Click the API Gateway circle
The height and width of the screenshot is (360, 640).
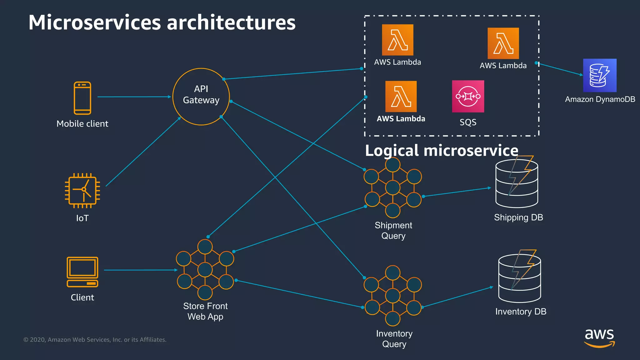pos(201,97)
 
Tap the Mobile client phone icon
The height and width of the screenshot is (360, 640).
pos(82,98)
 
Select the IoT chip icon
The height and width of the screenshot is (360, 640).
pos(82,190)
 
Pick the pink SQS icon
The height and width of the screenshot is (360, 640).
pos(468,96)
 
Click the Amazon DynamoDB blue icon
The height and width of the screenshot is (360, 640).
pos(600,75)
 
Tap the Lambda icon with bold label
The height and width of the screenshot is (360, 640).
pos(401,96)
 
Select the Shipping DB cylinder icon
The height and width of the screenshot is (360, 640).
pos(517,184)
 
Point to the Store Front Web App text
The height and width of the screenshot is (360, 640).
pos(205,311)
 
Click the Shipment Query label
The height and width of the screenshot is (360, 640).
pos(393,230)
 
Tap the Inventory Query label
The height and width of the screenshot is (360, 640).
pos(394,339)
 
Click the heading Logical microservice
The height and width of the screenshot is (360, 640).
pos(442,151)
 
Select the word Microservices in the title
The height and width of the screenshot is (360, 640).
pos(94,22)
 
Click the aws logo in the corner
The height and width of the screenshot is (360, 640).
pos(599,338)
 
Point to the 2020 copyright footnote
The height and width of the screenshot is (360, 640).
pos(95,340)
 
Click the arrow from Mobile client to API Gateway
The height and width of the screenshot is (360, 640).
pos(134,97)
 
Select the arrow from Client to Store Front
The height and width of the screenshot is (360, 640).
pos(141,270)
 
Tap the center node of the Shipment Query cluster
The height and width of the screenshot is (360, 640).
pos(393,187)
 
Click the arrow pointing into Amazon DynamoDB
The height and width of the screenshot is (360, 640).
pos(561,69)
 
